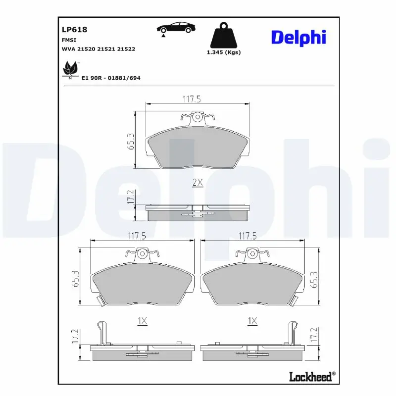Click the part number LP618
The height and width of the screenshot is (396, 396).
74,30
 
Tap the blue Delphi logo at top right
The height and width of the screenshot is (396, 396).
298,37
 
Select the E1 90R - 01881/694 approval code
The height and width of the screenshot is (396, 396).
111,78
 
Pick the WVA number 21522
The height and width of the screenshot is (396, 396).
126,49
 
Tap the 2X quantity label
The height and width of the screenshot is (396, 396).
197,183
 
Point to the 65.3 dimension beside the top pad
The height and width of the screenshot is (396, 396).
131,142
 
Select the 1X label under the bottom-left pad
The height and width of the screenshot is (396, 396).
142,321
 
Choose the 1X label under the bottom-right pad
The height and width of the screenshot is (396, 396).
252,321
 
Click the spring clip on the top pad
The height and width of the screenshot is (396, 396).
197,117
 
